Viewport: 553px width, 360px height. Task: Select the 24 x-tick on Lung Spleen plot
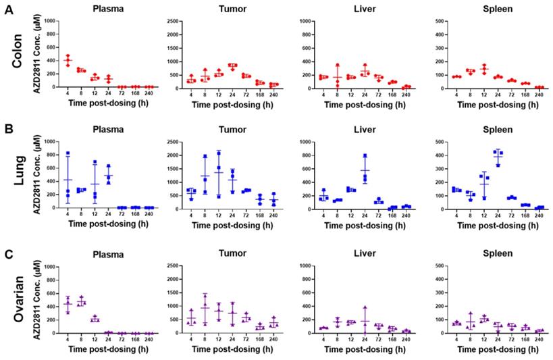coord(497,215)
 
